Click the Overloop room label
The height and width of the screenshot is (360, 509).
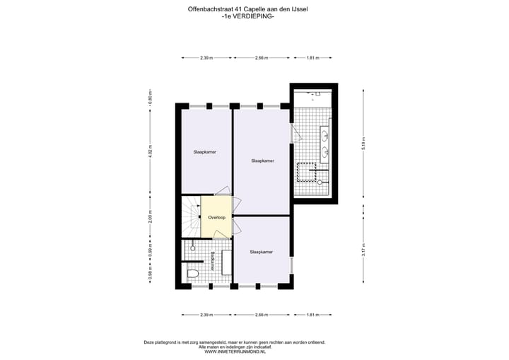click(216, 217)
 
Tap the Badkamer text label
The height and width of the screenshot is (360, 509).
click(211, 262)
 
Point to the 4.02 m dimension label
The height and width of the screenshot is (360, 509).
click(151, 159)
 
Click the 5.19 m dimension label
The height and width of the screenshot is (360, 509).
click(363, 144)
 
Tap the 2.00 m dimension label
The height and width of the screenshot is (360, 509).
click(151, 217)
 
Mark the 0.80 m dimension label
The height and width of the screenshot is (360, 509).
click(151, 95)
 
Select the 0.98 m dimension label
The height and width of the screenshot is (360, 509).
click(151, 275)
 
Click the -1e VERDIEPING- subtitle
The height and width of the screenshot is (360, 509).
click(247, 16)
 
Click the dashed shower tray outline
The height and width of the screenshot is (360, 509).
click(305, 172)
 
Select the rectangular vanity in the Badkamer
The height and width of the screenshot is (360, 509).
click(227, 262)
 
